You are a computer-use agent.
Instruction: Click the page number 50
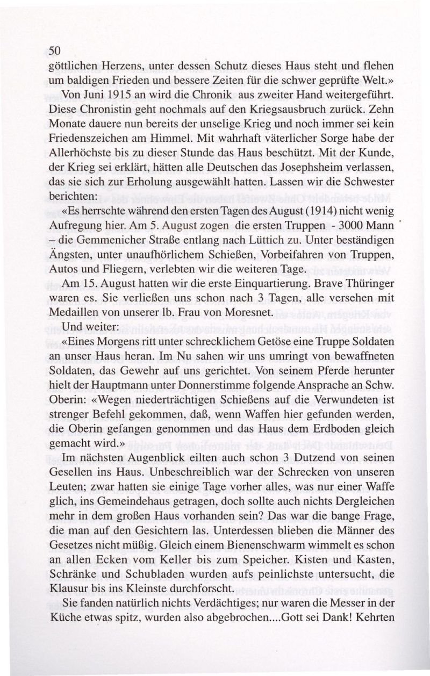pos(55,51)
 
